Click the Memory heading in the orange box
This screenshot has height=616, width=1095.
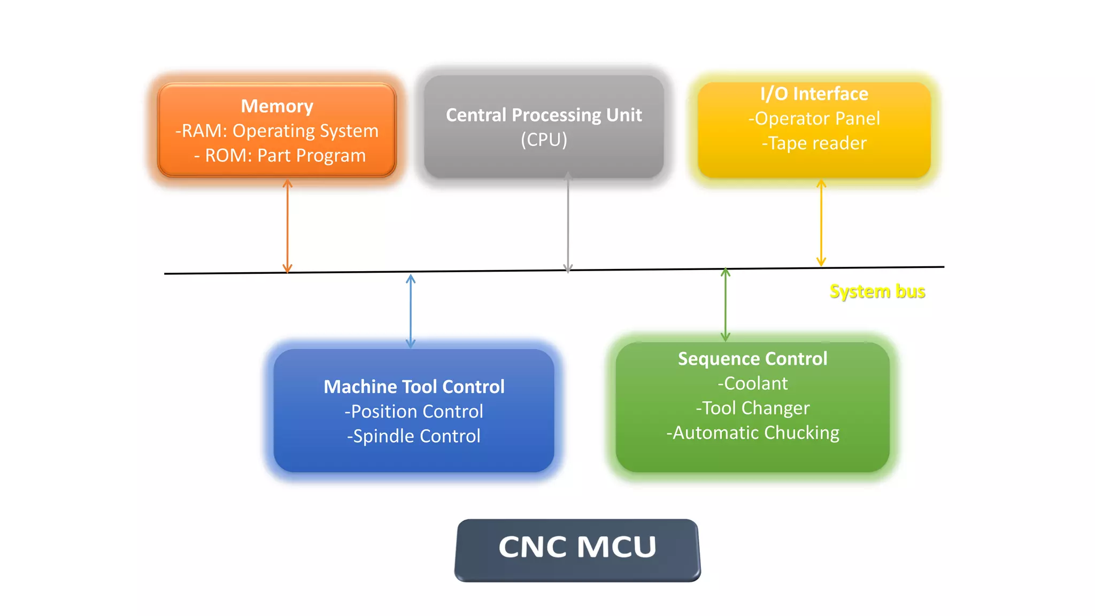277,106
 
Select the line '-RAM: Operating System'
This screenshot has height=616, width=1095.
277,130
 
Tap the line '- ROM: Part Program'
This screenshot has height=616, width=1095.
280,155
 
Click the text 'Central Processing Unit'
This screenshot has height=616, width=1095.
544,115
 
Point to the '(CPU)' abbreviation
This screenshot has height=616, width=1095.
544,140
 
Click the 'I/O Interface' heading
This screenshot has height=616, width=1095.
814,94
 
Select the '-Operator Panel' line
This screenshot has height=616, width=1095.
814,118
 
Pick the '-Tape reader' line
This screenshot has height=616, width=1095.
814,143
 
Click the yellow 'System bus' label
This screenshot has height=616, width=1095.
877,291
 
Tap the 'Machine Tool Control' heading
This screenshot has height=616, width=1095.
414,387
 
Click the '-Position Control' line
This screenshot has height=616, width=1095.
414,411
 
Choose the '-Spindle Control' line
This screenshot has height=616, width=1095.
414,436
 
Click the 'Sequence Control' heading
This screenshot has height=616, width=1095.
752,358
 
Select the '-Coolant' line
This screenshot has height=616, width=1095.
752,383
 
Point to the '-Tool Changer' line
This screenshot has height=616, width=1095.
752,408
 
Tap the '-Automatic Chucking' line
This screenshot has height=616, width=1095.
752,433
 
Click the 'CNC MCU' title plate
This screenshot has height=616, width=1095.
577,547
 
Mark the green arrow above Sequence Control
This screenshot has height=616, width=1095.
725,304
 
